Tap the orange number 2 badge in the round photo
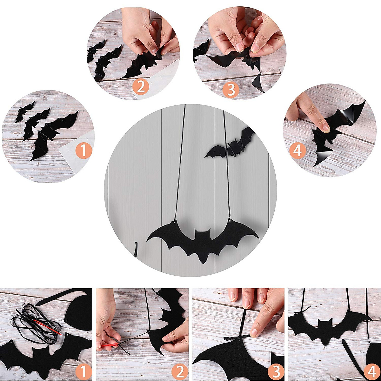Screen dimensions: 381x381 click(x=141, y=86)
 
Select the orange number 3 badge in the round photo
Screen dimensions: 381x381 click(x=231, y=90)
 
